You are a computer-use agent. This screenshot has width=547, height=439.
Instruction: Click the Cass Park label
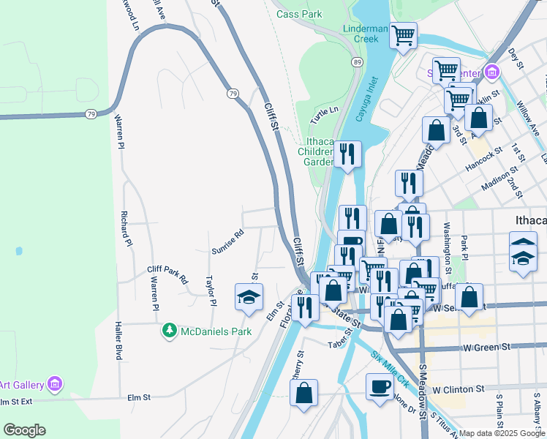tap(299, 14)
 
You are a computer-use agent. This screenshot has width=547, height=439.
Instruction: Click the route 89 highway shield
tap(356, 63)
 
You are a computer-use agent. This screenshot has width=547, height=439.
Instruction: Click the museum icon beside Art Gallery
tap(54, 383)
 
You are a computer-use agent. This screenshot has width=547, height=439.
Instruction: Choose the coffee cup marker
tap(379, 386)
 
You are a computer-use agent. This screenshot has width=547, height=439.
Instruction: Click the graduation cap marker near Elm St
tap(248, 297)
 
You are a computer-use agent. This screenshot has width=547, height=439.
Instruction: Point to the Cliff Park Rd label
tap(167, 274)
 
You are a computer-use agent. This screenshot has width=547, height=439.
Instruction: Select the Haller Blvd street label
tap(118, 340)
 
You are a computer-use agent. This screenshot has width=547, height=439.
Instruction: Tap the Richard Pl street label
tap(127, 228)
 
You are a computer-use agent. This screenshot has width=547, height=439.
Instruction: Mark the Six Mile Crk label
tap(390, 369)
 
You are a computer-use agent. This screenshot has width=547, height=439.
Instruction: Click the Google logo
tap(24, 430)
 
